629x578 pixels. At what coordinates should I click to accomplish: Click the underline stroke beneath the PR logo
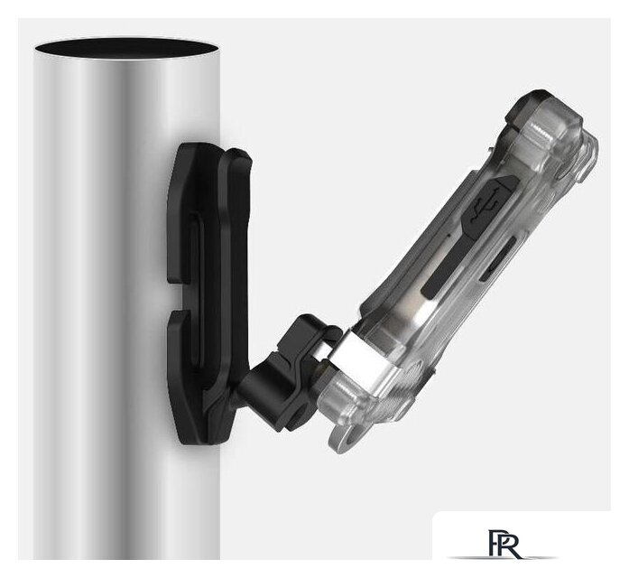click(500, 558)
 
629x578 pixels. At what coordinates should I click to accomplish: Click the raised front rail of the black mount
click(236, 271)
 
